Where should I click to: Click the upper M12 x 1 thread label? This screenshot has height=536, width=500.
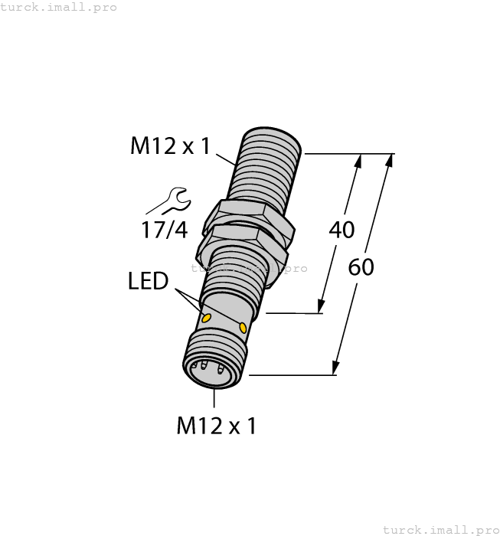[169, 145]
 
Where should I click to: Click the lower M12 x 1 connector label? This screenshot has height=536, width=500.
[217, 425]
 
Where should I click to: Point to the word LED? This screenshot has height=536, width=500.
[148, 281]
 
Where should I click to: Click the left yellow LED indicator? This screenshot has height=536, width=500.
[206, 317]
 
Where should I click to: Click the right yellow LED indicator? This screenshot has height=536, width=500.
[243, 328]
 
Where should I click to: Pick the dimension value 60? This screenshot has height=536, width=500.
[361, 268]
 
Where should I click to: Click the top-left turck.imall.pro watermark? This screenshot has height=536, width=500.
[59, 7]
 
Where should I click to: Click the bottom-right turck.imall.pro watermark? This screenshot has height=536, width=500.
[440, 529]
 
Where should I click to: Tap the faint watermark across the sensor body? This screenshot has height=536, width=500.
[248, 269]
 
